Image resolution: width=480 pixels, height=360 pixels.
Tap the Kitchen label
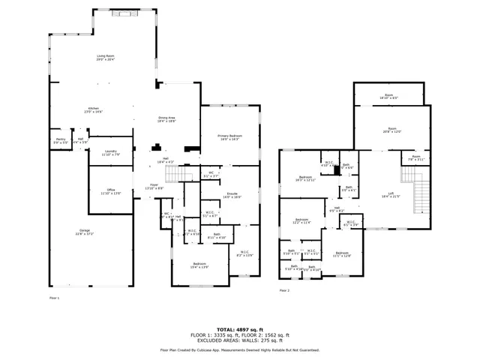point(94,109)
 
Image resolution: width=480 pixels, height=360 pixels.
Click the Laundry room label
point(111,152)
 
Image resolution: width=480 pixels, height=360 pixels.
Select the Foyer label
point(154,185)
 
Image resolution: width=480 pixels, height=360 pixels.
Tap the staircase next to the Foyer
point(175,175)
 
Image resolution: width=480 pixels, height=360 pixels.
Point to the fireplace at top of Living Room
point(121,13)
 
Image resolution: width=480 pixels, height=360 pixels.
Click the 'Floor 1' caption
point(54,298)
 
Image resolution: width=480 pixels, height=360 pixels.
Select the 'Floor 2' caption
point(284,290)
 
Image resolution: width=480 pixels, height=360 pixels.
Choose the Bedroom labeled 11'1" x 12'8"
point(342,254)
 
